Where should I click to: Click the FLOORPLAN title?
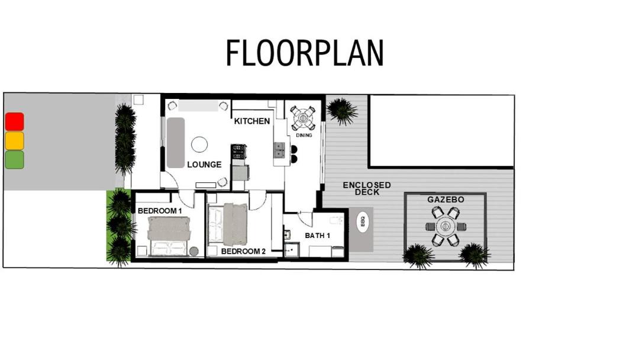point(305,53)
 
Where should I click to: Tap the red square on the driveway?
point(15,122)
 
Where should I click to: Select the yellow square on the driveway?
point(15,141)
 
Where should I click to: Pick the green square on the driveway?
point(15,159)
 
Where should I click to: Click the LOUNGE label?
point(204,165)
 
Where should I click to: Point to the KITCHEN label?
point(252,121)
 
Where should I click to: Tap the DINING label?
point(304,135)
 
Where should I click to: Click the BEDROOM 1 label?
point(160,211)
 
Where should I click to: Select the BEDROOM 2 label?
point(243,252)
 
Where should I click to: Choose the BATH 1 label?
point(318,236)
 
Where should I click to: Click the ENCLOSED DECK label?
point(367,188)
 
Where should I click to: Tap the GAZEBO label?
point(446,200)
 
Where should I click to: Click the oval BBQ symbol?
point(362,221)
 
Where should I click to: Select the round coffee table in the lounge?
point(199,144)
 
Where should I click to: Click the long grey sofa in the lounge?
point(176,143)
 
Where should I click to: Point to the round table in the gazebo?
point(445,226)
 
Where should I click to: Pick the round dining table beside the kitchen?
point(303,118)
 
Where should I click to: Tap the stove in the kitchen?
point(238,152)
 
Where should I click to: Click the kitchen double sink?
point(279,150)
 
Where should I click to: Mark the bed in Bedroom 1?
point(169,236)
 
